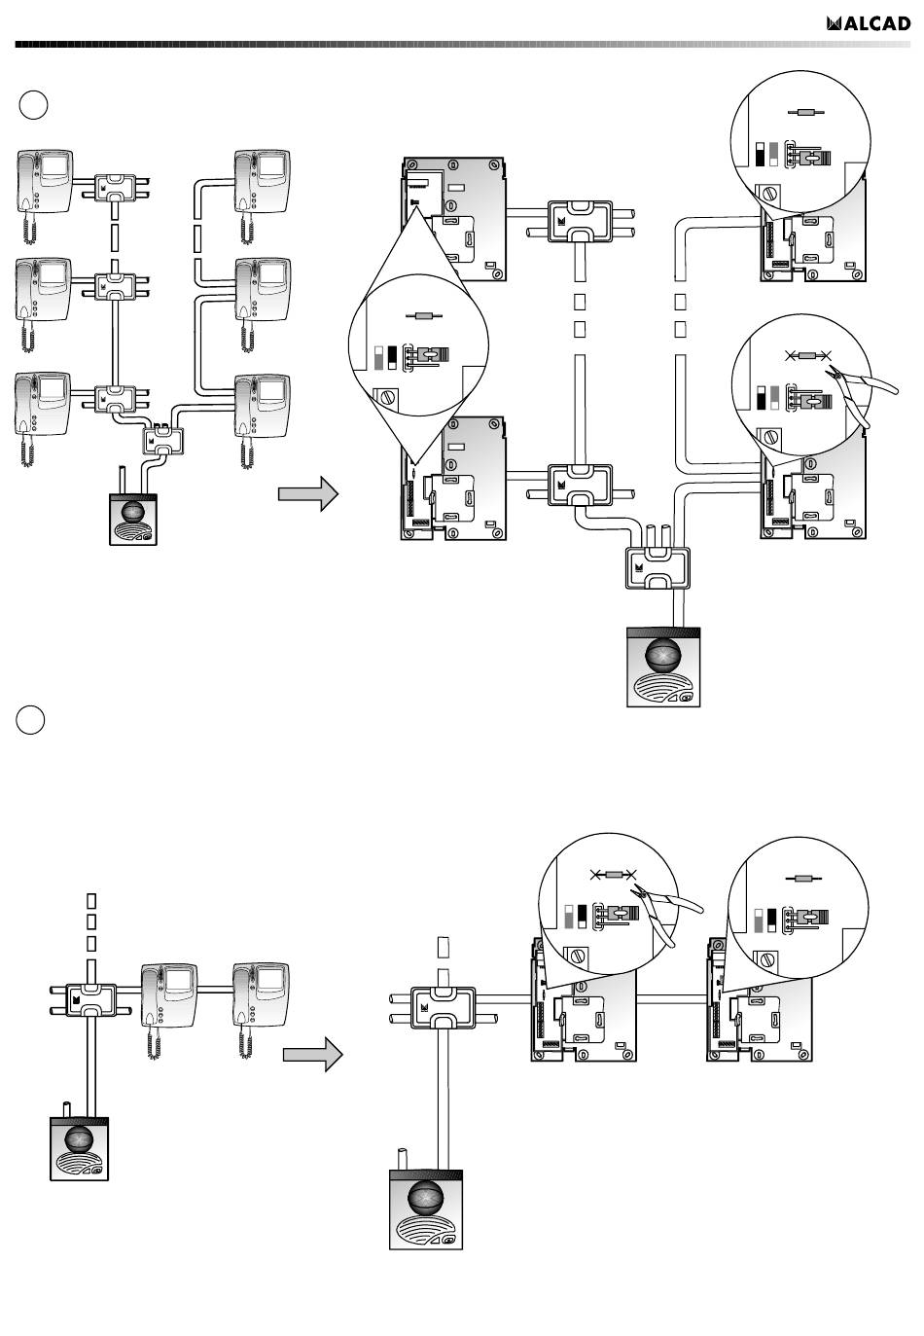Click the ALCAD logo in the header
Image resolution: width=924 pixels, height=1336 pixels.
click(868, 23)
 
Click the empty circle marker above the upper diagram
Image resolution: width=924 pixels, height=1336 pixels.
click(33, 105)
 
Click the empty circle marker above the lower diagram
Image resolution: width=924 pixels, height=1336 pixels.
click(30, 720)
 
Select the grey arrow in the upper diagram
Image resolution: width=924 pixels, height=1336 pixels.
click(308, 493)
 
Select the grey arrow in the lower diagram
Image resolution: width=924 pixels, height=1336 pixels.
click(313, 1054)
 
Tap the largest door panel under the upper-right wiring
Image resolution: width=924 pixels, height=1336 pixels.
click(663, 667)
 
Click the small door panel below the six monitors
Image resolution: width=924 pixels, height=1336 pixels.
click(133, 519)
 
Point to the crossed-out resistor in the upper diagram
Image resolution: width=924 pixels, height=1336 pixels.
click(807, 356)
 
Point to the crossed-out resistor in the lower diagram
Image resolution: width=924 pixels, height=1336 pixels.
click(614, 875)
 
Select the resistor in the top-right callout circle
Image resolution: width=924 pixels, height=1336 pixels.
click(806, 112)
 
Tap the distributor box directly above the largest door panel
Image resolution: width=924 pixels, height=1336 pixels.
click(657, 568)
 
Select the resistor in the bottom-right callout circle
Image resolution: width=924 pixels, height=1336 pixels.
click(803, 879)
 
